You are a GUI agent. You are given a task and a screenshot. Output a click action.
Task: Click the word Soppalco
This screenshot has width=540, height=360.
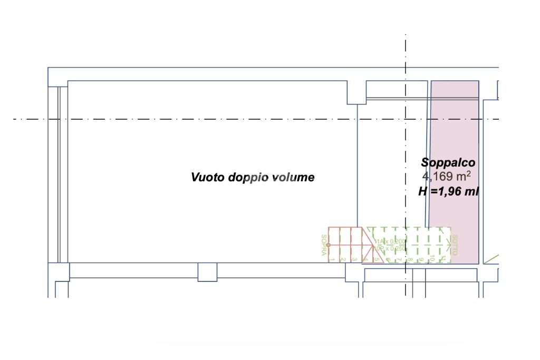click(x=448, y=163)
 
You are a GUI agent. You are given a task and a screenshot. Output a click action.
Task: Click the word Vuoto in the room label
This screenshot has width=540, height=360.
click(x=208, y=178)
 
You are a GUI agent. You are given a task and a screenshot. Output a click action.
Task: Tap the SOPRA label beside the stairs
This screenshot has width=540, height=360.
click(x=324, y=245)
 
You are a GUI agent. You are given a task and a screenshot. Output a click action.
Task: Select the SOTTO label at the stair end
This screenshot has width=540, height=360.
click(x=455, y=245)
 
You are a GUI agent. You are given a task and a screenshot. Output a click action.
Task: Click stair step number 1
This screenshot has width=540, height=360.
click(x=333, y=259)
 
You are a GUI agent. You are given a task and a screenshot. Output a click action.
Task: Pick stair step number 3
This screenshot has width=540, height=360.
click(x=354, y=259)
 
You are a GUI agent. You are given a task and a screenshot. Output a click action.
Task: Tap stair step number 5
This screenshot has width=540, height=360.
click(x=377, y=259)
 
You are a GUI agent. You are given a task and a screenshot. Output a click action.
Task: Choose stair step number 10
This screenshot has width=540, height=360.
click(x=431, y=258)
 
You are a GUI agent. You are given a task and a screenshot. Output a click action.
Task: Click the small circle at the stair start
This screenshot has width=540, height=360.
click(x=328, y=245)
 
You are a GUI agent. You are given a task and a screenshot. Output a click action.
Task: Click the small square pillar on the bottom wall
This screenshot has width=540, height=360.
click(x=207, y=271)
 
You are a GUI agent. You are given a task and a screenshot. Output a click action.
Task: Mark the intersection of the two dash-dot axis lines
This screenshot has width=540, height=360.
click(x=406, y=119)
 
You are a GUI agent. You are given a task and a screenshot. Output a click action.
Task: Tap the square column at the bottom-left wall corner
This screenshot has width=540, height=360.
click(x=59, y=271)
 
